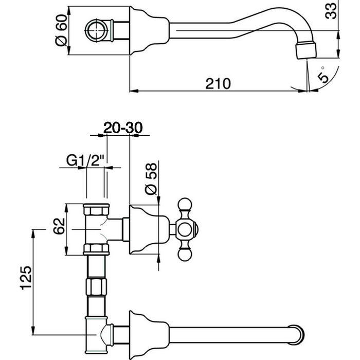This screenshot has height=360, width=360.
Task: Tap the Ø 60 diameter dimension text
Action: click(61, 32)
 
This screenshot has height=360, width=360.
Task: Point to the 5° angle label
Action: click(323, 74)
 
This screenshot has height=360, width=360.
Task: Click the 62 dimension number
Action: click(59, 226)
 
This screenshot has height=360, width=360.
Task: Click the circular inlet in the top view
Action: click(98, 29)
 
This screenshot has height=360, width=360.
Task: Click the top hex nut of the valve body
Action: click(96, 209)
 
